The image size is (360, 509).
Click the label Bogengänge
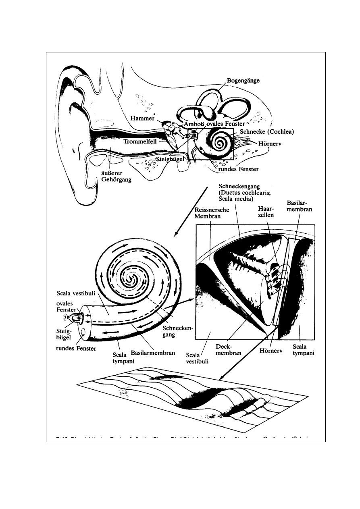coord(243,81)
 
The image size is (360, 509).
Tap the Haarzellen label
coord(265,212)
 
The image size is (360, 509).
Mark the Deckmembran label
coord(229,349)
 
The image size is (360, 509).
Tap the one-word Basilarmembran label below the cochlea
coord(153,353)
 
